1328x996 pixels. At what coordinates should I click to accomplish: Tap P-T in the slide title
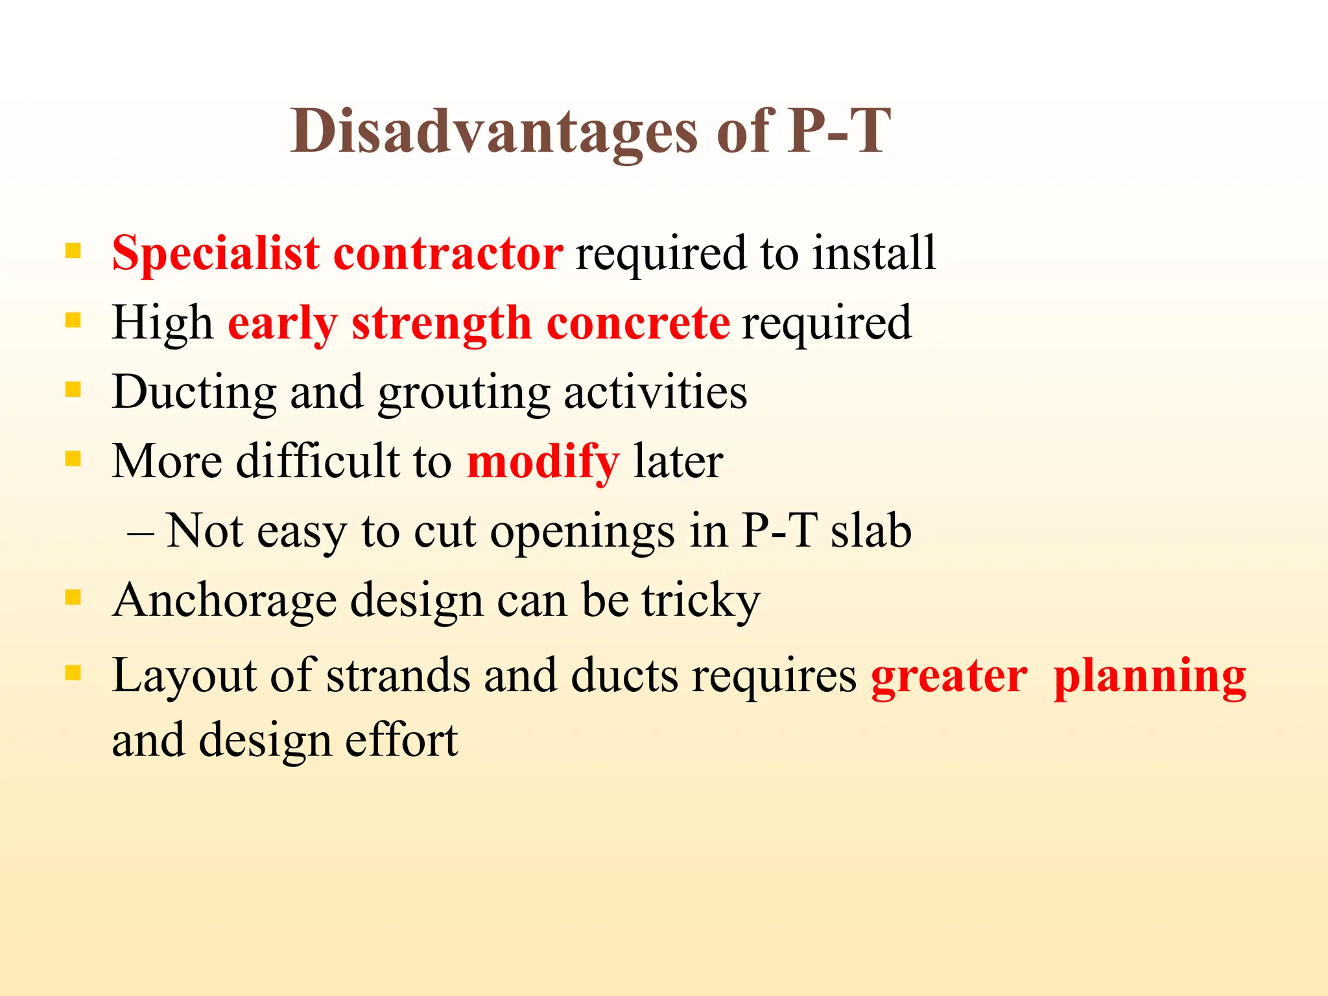pyautogui.click(x=840, y=132)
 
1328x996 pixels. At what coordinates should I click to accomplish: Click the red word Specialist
pyautogui.click(x=215, y=254)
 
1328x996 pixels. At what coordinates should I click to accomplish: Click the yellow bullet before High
pyautogui.click(x=73, y=320)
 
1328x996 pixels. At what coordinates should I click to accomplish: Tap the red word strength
pyautogui.click(x=441, y=324)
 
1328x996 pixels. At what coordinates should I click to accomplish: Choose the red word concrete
pyautogui.click(x=638, y=324)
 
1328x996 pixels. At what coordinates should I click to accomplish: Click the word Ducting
pyautogui.click(x=193, y=393)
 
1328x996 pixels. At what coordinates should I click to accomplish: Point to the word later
pyautogui.click(x=678, y=462)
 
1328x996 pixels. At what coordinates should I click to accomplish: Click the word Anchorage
pyautogui.click(x=224, y=601)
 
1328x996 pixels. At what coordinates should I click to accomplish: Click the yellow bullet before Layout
pyautogui.click(x=73, y=673)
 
